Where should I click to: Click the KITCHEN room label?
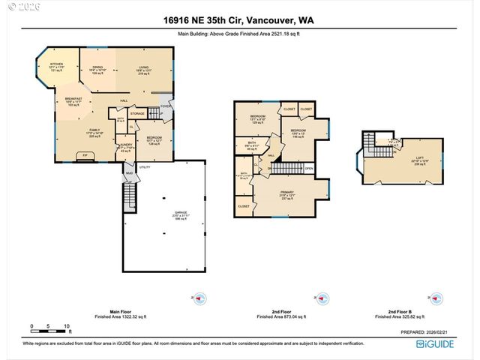coord(56,64)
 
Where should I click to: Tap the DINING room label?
coord(97,67)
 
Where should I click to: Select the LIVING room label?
coord(144,67)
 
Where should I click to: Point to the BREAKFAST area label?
coord(73,100)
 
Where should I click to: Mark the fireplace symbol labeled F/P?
coord(85,155)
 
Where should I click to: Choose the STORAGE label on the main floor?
coord(137,114)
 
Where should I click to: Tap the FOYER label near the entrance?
coord(166,106)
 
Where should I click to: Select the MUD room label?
coord(128,172)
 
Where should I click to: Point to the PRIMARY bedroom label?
coord(288,196)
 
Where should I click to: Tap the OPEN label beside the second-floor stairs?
coord(308,168)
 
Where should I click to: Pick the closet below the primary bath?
coord(244,205)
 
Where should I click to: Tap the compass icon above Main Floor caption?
coord(199,298)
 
